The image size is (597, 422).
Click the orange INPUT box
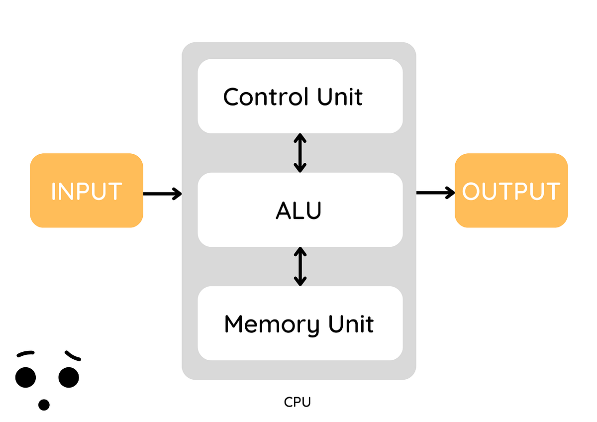[87, 191]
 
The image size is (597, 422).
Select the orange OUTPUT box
[511, 191]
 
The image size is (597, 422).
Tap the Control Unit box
[300, 96]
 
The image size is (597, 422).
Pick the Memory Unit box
[300, 323]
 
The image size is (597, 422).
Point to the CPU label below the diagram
[298, 402]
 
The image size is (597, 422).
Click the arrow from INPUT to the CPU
[162, 193]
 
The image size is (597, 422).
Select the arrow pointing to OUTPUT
[435, 193]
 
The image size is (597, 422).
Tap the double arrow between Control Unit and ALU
[299, 152]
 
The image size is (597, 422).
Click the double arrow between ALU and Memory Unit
[299, 266]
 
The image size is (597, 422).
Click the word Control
[264, 97]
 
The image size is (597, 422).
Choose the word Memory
[272, 324]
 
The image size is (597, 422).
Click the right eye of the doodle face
[69, 377]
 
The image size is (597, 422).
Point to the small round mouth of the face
[44, 405]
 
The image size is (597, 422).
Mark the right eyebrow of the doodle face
[72, 355]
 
